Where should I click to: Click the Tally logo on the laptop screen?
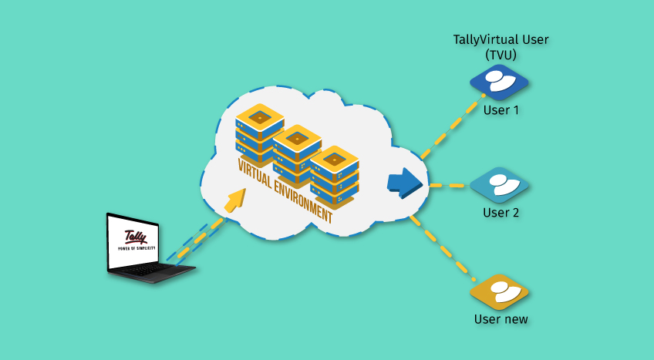click(136, 237)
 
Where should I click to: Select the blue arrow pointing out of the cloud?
click(406, 183)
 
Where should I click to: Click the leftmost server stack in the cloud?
click(259, 131)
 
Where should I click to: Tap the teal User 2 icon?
click(500, 184)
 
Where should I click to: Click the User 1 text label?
click(501, 110)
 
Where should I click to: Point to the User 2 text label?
click(501, 212)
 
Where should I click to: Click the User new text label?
click(501, 318)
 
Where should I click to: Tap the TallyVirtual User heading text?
click(501, 40)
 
